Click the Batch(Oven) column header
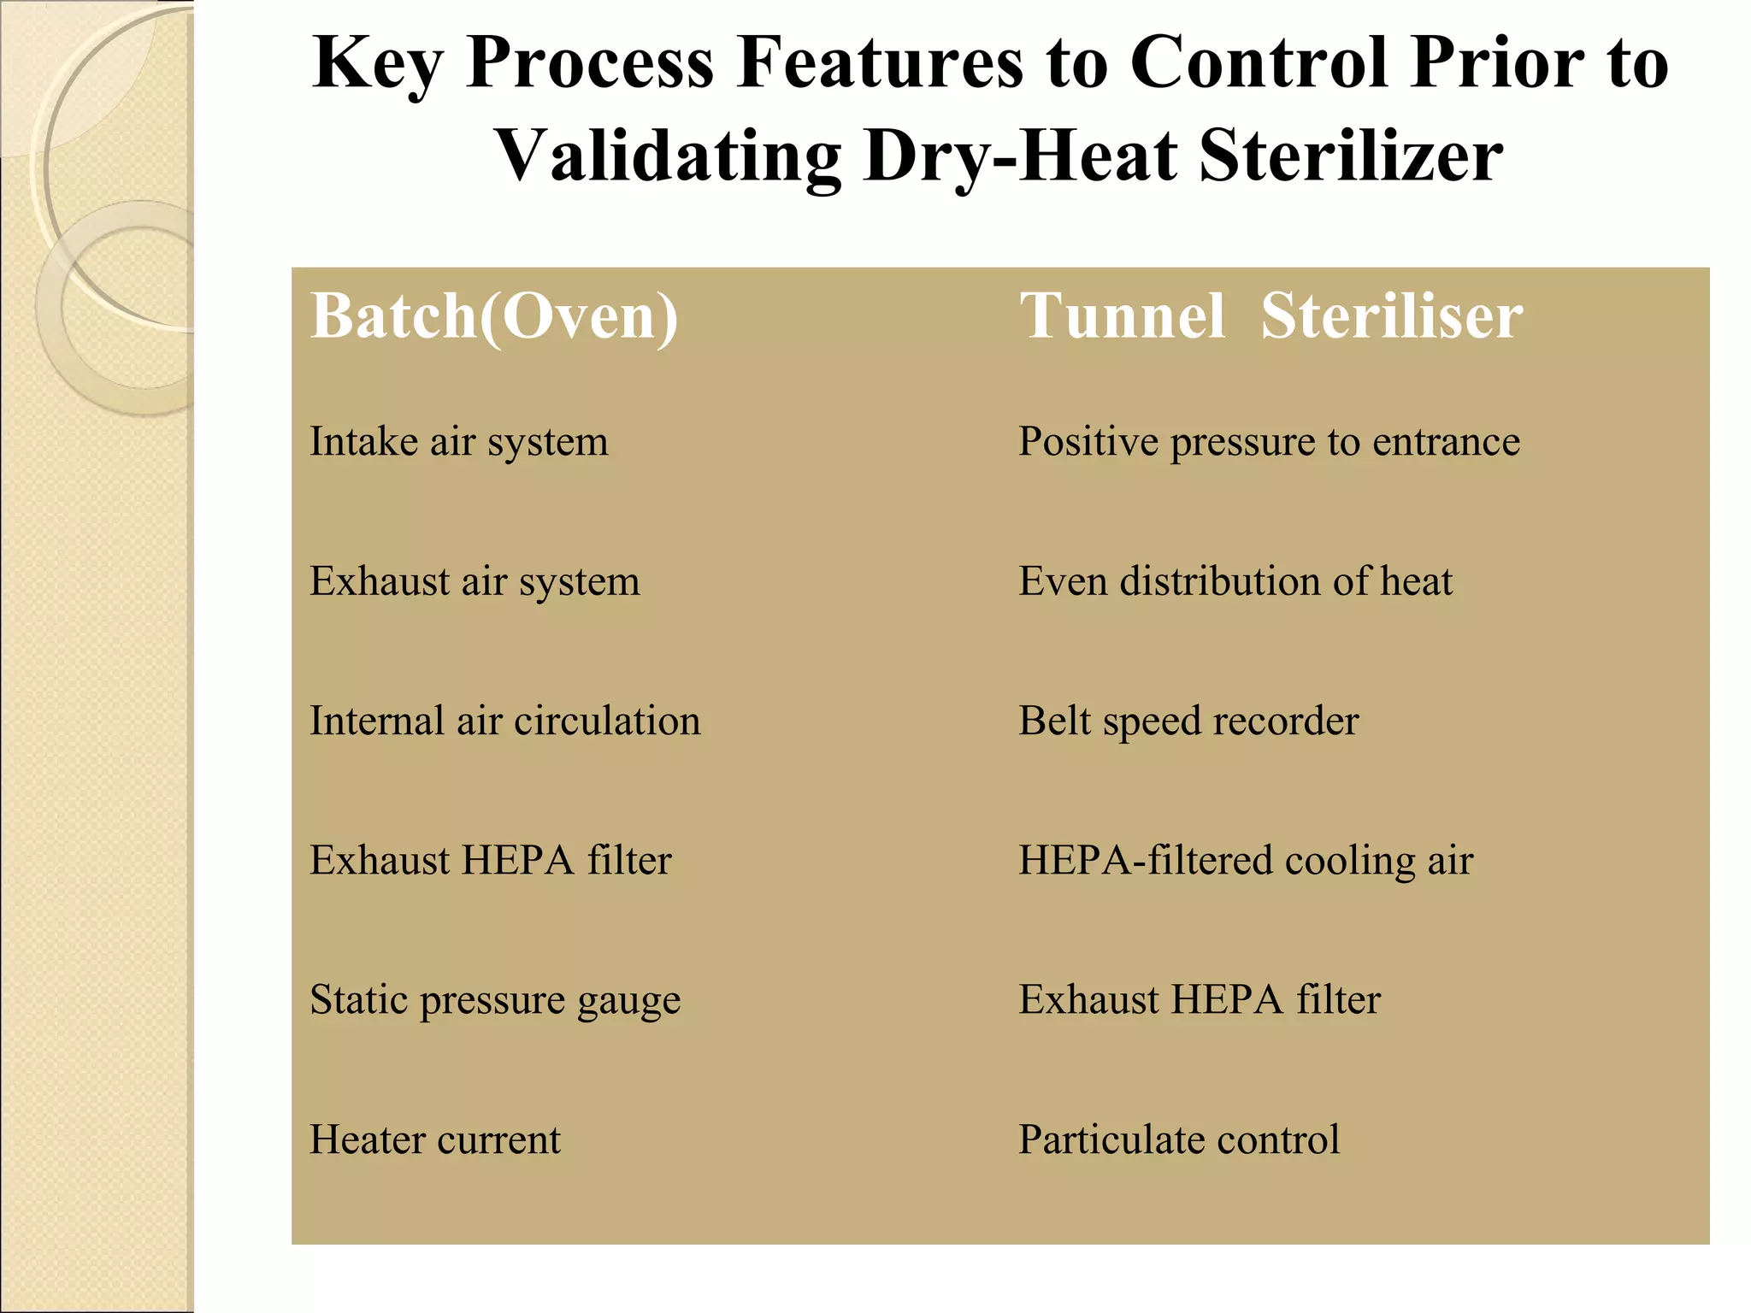(494, 317)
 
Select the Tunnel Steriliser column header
(1271, 317)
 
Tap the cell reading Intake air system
(458, 443)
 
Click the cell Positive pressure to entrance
(1269, 443)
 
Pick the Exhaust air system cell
(475, 582)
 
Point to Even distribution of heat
(1235, 582)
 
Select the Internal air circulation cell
(504, 721)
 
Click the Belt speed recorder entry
(1188, 721)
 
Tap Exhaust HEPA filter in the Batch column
(490, 861)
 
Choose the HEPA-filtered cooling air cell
(1246, 861)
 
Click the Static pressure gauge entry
(495, 1000)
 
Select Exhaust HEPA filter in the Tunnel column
(1199, 1000)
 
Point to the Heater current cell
(434, 1140)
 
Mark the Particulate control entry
(1179, 1140)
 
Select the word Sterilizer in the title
(1351, 157)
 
